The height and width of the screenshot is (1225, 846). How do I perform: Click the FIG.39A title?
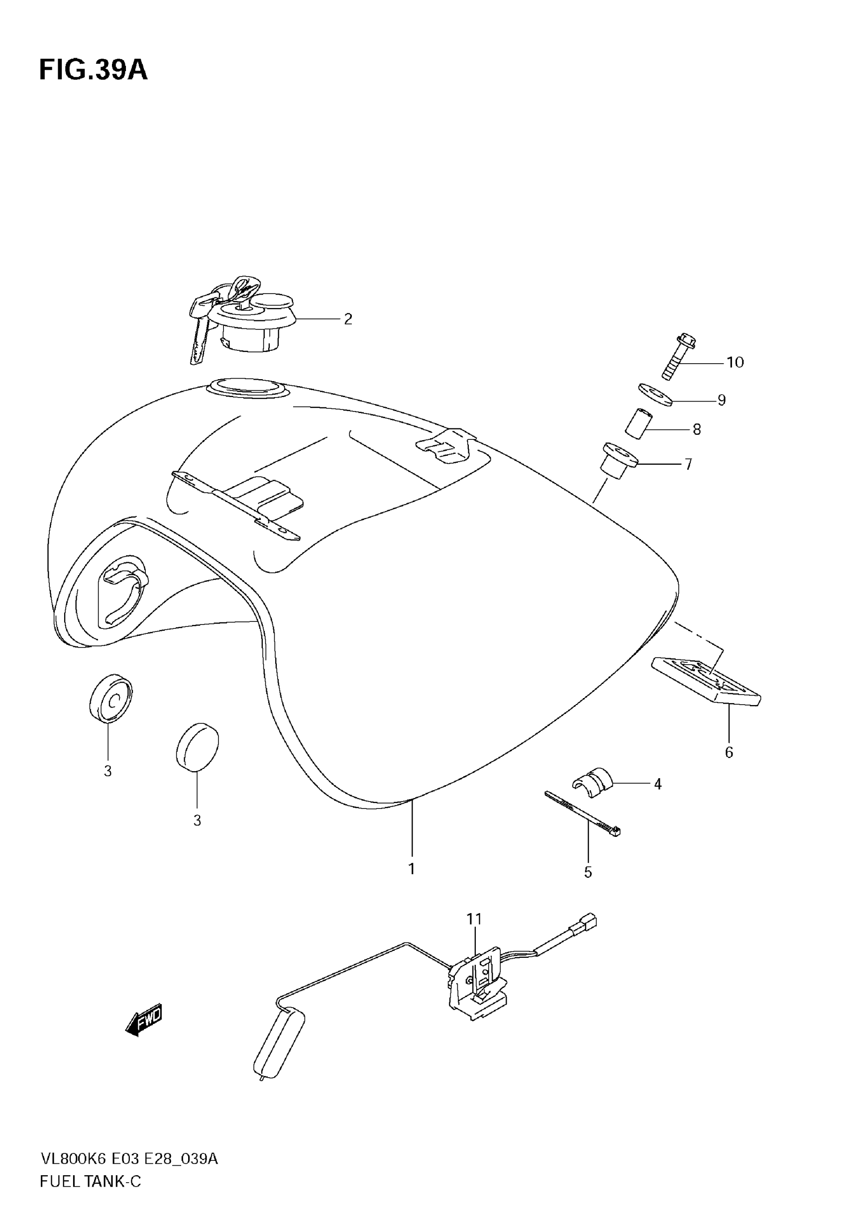93,71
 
